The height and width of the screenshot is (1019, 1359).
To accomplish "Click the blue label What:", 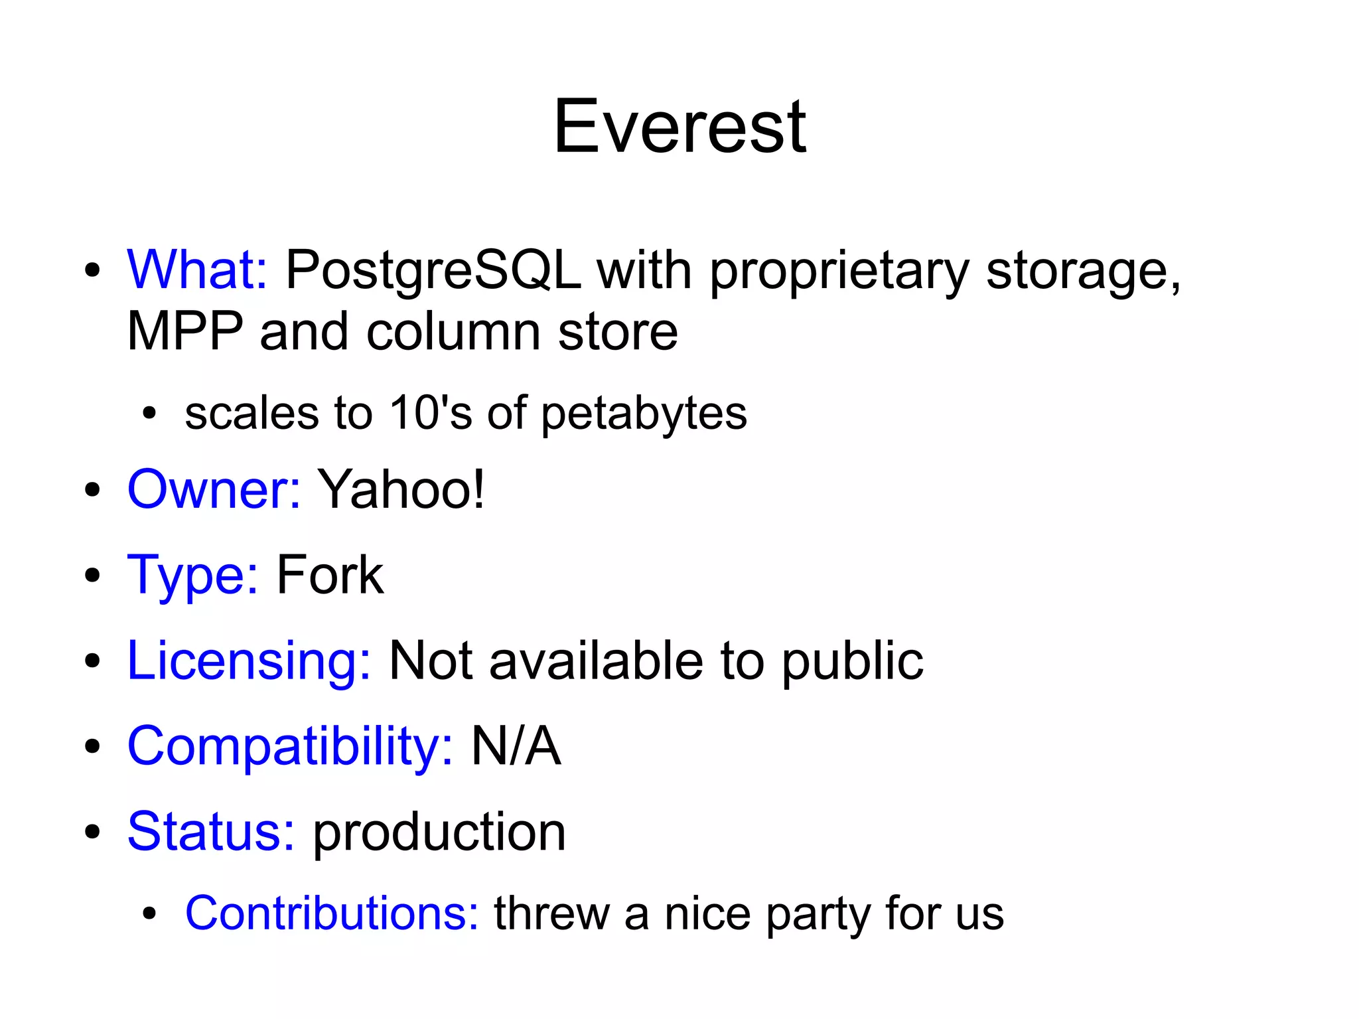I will pyautogui.click(x=197, y=270).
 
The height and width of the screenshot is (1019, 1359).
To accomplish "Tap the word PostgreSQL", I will pyautogui.click(x=433, y=271).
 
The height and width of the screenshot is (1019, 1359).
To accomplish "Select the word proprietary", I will pyautogui.click(x=839, y=271).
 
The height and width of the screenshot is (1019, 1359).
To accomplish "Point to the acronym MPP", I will pyautogui.click(x=184, y=331).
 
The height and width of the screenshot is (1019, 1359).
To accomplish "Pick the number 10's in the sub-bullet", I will pyautogui.click(x=430, y=413).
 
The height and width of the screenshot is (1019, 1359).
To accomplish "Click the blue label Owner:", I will pyautogui.click(x=214, y=489).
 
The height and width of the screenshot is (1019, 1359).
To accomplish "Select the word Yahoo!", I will pyautogui.click(x=401, y=489).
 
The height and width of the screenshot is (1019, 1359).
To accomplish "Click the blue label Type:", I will pyautogui.click(x=192, y=575).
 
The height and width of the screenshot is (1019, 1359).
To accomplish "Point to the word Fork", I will pyautogui.click(x=330, y=575).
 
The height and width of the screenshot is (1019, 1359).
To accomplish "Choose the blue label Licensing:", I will pyautogui.click(x=249, y=661).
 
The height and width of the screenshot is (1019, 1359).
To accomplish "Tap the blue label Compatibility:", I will pyautogui.click(x=290, y=746).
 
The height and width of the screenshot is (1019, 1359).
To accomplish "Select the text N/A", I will pyautogui.click(x=516, y=746).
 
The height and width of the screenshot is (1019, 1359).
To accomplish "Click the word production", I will pyautogui.click(x=439, y=832).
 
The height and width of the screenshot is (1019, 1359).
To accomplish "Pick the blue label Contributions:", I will pyautogui.click(x=332, y=913).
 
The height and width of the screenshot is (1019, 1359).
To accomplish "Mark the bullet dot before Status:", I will pyautogui.click(x=92, y=832).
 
